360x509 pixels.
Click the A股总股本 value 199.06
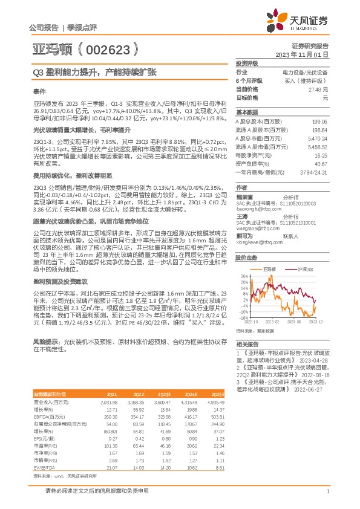319,122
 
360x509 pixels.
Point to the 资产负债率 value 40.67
321,164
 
